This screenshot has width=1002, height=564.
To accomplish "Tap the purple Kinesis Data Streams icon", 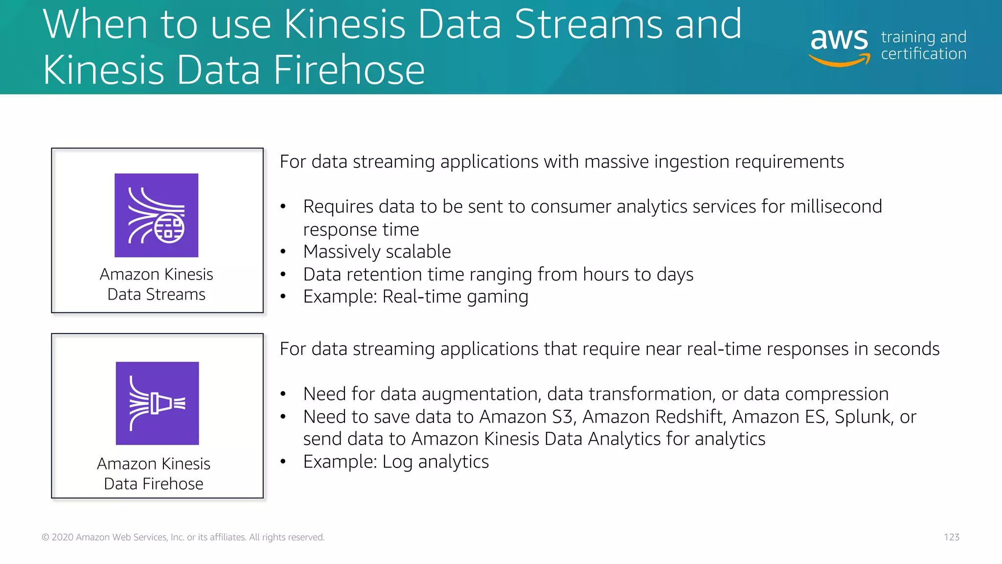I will pyautogui.click(x=157, y=215).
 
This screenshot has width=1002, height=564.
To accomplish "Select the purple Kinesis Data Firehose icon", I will pyautogui.click(x=157, y=403).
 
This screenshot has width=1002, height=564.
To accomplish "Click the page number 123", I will pyautogui.click(x=951, y=537).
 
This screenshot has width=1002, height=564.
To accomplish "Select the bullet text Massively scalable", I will pyautogui.click(x=377, y=252).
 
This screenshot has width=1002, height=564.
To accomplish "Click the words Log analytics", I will pyautogui.click(x=435, y=462).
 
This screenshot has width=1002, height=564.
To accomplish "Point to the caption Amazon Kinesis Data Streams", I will pyautogui.click(x=157, y=284).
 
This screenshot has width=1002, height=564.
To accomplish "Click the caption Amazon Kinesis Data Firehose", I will pyautogui.click(x=154, y=473).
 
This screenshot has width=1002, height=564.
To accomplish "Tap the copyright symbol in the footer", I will pyautogui.click(x=46, y=538).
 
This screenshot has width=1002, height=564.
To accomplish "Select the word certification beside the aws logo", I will pyautogui.click(x=923, y=54).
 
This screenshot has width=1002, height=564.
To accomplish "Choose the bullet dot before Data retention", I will pyautogui.click(x=283, y=275).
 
